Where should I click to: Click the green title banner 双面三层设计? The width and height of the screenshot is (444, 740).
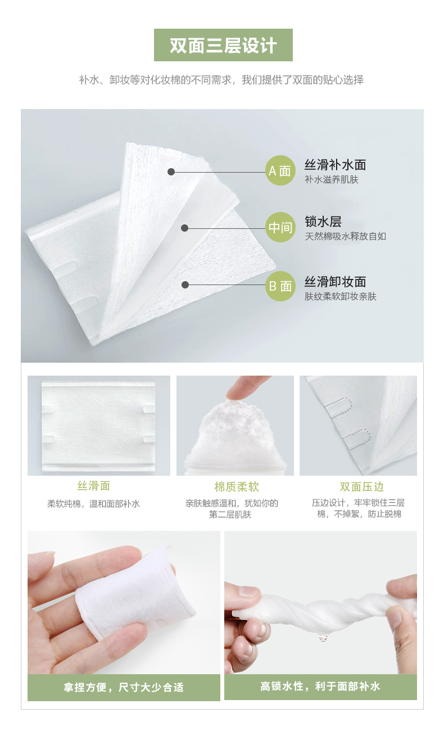[x=223, y=45]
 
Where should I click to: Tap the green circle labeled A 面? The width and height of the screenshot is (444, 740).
[x=280, y=170]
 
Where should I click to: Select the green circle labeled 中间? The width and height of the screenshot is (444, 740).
[x=280, y=227]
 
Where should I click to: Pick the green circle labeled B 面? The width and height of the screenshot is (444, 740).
[x=280, y=286]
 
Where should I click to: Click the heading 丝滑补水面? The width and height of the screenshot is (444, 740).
[x=335, y=165]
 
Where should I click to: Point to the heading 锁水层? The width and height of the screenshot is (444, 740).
[x=323, y=222]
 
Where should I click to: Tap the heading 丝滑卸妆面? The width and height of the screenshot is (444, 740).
[x=335, y=282]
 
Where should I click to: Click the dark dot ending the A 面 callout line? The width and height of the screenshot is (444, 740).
[x=171, y=172]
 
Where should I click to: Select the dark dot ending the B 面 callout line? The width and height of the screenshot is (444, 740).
[x=185, y=285]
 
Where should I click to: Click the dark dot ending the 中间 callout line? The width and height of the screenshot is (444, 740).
[x=185, y=228]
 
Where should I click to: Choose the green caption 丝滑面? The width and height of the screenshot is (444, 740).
[x=94, y=486]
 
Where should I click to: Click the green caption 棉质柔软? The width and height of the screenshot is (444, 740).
[x=237, y=486]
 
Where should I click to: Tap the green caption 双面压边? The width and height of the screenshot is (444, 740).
[x=362, y=486]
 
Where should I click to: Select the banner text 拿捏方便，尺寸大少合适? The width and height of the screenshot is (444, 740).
[x=124, y=688]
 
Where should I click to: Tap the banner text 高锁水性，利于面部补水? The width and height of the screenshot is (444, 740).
[x=320, y=687]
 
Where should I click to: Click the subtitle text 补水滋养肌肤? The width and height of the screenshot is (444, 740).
[x=332, y=179]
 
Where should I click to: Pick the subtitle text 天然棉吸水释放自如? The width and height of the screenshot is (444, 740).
[x=345, y=236]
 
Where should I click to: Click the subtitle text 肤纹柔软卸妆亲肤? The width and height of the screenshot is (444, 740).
[x=341, y=296]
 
